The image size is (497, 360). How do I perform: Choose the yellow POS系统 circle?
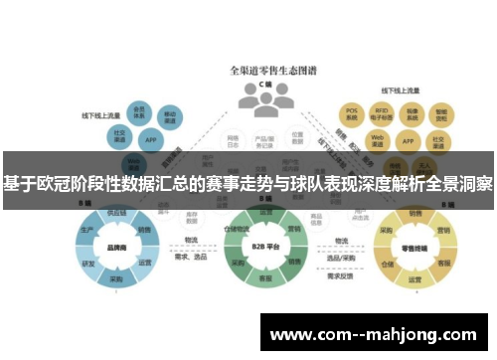click(352, 111)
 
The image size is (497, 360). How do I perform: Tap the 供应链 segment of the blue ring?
click(116, 213)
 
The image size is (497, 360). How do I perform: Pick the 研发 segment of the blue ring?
click(87, 263)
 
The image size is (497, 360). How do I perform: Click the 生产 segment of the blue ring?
click(86, 230)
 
